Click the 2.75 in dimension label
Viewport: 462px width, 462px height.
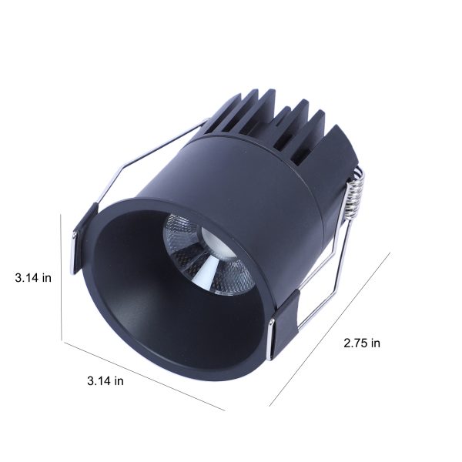362,343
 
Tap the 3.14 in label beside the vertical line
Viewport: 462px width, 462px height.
33,278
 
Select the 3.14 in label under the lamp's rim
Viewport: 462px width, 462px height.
105,381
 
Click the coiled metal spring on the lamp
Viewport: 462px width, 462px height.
355,192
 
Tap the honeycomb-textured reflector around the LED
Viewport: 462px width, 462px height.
206,253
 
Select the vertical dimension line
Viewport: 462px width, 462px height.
62,277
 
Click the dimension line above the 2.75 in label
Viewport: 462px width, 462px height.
330,330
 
